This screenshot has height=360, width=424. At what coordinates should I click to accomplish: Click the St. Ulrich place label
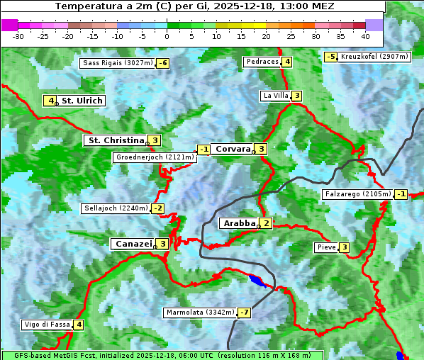pyautogui.click(x=82, y=101)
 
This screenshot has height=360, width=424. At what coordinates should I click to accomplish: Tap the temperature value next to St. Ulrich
pyautogui.click(x=50, y=101)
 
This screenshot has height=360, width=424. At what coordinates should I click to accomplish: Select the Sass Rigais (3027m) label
pyautogui.click(x=118, y=63)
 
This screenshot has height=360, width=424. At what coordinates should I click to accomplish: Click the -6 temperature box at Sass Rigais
pyautogui.click(x=163, y=63)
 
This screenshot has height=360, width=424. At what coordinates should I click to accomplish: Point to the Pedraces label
pyautogui.click(x=262, y=62)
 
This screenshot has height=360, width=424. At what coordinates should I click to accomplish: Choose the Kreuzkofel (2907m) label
pyautogui.click(x=374, y=57)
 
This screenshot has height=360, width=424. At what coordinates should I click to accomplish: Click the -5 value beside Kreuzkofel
pyautogui.click(x=330, y=57)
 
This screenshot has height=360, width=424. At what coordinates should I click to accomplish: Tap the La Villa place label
pyautogui.click(x=276, y=96)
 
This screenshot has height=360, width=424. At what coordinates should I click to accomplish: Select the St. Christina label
pyautogui.click(x=116, y=140)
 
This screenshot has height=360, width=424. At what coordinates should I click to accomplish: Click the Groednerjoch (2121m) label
pyautogui.click(x=154, y=157)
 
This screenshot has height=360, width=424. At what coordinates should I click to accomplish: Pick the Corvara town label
pyautogui.click(x=233, y=149)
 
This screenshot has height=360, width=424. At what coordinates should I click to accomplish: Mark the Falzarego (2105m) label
pyautogui.click(x=357, y=194)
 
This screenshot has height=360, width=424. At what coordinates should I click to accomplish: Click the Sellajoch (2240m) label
pyautogui.click(x=116, y=208)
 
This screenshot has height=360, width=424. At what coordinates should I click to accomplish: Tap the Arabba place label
pyautogui.click(x=239, y=223)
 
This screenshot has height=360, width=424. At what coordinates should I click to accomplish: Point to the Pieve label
pyautogui.click(x=326, y=247)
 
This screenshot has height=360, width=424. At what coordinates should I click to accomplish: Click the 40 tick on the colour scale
pyautogui.click(x=364, y=35)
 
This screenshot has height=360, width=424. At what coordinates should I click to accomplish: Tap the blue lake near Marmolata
pyautogui.click(x=260, y=281)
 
